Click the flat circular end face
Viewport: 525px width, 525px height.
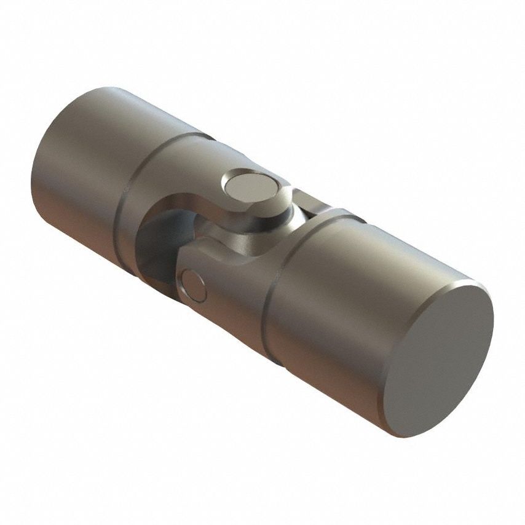pyautogui.click(x=441, y=350)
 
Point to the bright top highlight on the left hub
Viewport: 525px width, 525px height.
pyautogui.click(x=105, y=98)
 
